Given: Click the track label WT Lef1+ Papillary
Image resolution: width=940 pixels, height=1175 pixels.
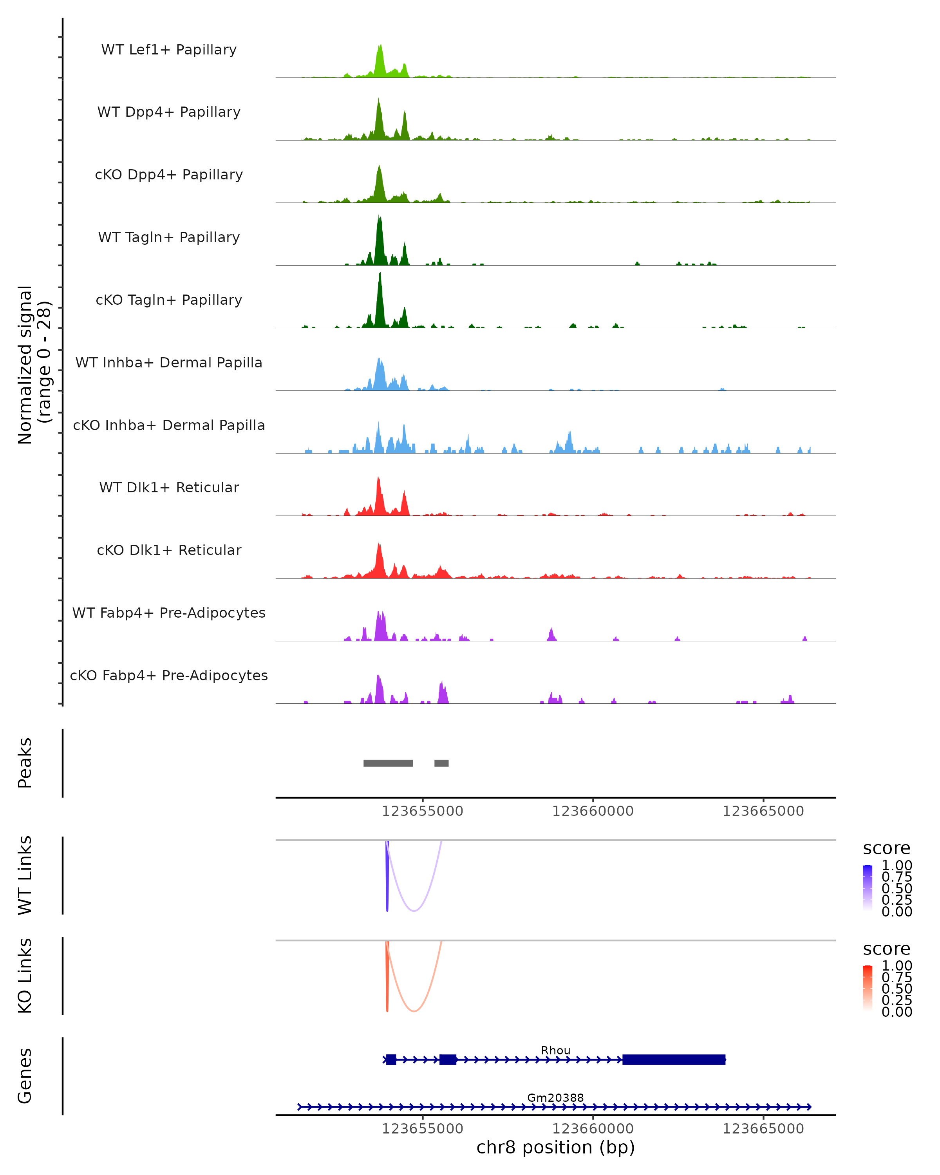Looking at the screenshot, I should tap(169, 50).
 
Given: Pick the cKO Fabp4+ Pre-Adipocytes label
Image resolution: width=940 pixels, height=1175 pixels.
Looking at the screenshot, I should tap(169, 675).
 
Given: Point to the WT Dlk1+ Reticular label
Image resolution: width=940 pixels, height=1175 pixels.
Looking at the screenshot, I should tap(169, 487).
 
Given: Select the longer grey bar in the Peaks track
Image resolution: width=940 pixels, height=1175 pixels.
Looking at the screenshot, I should tap(388, 763).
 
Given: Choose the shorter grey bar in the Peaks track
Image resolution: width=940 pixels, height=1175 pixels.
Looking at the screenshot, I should tap(441, 763).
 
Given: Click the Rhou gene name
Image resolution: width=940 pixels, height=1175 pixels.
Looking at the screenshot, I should tap(555, 1050).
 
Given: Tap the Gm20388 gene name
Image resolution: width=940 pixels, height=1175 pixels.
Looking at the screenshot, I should tap(555, 1097).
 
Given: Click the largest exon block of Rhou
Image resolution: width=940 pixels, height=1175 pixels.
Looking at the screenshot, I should tap(674, 1059).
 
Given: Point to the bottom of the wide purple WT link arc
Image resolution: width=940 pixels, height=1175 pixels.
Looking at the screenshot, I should tap(414, 911).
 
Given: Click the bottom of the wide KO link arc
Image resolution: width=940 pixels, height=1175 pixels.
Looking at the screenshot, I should tap(414, 1011).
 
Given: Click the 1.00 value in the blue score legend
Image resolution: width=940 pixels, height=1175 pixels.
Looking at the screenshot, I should tap(897, 866).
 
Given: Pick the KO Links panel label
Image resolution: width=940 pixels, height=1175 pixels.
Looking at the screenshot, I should tap(25, 976).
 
